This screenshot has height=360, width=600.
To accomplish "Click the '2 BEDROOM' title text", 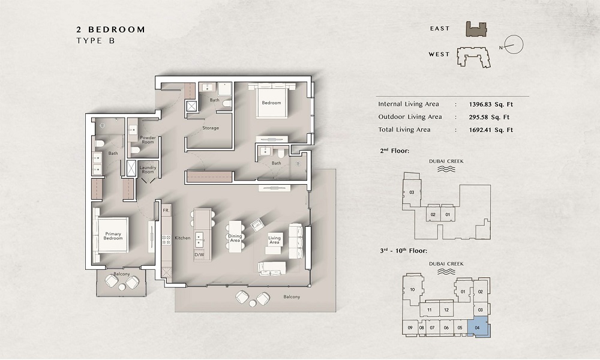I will (x=110, y=29).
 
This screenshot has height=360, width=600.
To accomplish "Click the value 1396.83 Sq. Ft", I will (x=491, y=104).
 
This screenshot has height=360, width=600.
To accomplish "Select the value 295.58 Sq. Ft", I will (x=489, y=117).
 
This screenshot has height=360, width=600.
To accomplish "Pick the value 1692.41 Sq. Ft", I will (x=491, y=130).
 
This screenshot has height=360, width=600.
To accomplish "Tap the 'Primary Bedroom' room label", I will (x=113, y=236).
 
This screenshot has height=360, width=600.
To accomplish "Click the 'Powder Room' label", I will (x=148, y=140).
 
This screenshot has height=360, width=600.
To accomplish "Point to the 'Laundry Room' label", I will (x=148, y=170).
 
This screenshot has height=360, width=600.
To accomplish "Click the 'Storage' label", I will (x=211, y=128).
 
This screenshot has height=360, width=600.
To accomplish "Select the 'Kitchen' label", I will (x=182, y=238).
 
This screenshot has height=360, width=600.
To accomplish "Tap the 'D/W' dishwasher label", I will (x=199, y=254).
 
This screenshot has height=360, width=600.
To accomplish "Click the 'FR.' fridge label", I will (x=166, y=212).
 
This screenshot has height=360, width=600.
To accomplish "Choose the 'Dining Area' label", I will (x=235, y=238).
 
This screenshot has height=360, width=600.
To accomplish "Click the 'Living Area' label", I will (x=274, y=240).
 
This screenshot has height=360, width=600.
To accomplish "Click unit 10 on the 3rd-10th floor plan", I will (x=412, y=290).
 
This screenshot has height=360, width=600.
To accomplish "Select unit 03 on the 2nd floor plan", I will (x=412, y=193).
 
